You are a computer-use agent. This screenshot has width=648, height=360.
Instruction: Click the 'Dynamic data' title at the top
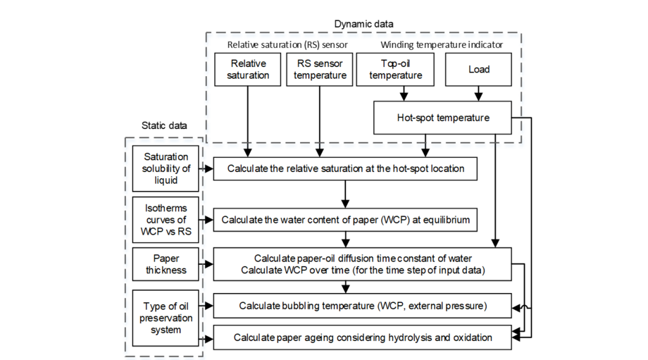pos(363,24)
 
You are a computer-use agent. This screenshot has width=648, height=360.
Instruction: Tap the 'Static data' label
pos(164,126)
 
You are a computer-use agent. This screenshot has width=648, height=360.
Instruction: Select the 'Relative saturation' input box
pos(247,69)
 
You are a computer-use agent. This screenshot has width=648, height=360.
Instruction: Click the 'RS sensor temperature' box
pos(320,69)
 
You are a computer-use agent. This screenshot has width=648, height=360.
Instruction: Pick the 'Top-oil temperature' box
pos(395,69)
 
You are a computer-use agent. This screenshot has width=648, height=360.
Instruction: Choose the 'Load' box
pos(478,69)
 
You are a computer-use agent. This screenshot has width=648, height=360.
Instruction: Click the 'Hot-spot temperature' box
pos(442,118)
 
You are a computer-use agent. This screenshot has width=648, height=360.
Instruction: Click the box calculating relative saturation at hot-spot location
pos(344,168)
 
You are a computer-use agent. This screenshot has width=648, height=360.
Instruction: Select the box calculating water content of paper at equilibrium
pos(344,220)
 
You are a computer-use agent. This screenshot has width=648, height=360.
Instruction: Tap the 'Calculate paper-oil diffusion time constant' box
pos(362,264)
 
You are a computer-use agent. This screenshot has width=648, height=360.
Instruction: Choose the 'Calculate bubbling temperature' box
pos(362,305)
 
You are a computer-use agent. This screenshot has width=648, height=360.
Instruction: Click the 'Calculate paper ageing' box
pos(362,337)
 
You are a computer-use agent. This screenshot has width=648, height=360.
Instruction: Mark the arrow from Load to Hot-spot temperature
pos(478,93)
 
